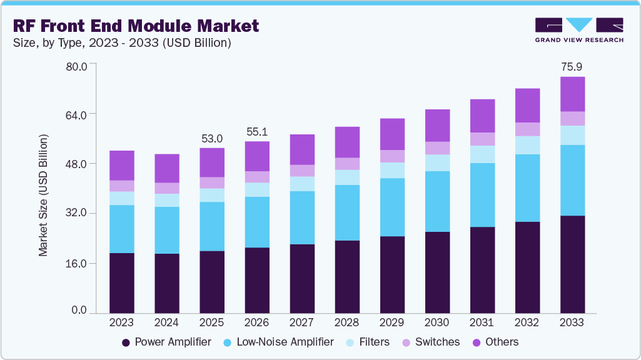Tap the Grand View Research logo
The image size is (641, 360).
tap(578, 30)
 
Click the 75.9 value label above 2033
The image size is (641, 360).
tap(572, 66)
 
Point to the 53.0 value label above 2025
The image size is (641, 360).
tap(212, 137)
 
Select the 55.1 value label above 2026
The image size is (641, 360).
tap(257, 131)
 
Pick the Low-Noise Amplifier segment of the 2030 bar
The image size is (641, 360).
tap(437, 201)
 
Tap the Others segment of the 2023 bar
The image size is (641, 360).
tap(122, 166)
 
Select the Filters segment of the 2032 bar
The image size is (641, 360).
tap(527, 145)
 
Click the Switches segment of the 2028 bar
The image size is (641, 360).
tap(347, 164)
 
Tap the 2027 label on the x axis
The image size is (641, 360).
tap(302, 322)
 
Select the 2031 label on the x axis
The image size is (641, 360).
tap(482, 322)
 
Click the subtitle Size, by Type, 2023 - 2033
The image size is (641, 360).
tap(118, 42)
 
